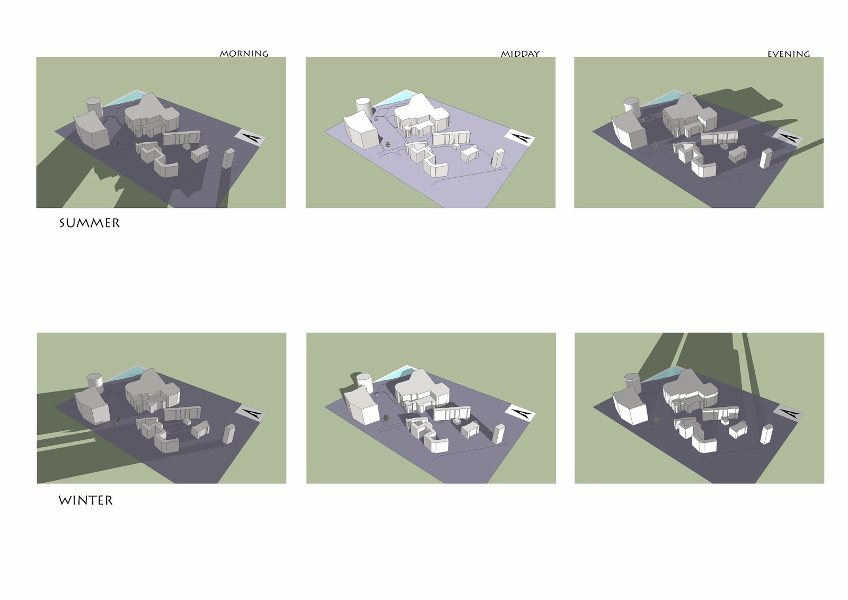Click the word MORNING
244,54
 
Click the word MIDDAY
520,54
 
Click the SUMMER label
90,223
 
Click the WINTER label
85,500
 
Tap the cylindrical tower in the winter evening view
631,383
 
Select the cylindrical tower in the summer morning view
94,107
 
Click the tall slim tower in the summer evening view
765,159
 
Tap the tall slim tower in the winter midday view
498,434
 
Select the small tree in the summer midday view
387,144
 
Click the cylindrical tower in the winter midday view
364,384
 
